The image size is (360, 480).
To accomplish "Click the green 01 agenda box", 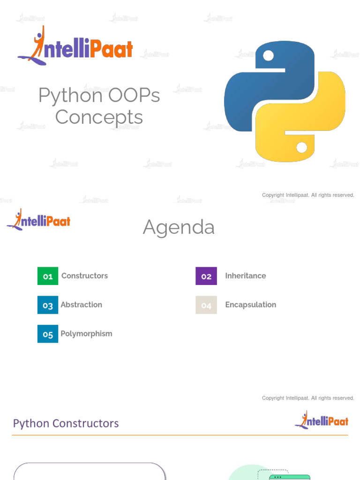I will (x=48, y=276).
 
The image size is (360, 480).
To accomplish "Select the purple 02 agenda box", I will (x=206, y=276).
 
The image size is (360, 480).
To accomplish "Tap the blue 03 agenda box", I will (x=48, y=305).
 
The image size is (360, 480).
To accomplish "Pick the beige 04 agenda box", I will (x=206, y=305).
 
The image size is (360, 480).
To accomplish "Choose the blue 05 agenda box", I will (x=48, y=334).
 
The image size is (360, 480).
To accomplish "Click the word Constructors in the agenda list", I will (x=84, y=276).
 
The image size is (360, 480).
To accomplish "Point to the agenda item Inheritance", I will (x=245, y=276).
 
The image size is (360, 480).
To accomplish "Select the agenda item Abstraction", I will (x=81, y=305).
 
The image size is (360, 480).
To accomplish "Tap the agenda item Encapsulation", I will (x=250, y=305).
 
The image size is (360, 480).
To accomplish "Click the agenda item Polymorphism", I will (x=86, y=334).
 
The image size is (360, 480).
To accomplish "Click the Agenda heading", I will (x=179, y=227).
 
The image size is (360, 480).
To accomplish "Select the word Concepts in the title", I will (x=99, y=117).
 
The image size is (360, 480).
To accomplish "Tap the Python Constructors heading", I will (x=66, y=423).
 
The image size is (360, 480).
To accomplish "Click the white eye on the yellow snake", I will (x=302, y=147).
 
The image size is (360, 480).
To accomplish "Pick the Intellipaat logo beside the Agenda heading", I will (x=38, y=220).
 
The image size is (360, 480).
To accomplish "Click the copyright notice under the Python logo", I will (x=308, y=195).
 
